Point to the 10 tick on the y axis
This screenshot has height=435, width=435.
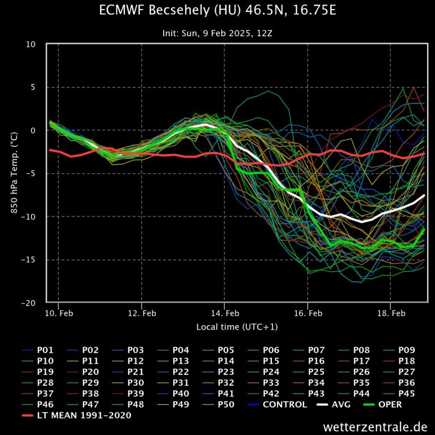tap(32, 44)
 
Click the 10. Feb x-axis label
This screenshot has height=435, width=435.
tap(59, 313)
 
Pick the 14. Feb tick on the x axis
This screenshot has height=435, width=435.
tap(225, 313)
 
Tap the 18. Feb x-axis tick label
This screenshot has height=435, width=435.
tap(391, 313)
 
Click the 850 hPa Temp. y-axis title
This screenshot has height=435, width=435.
tap(13, 173)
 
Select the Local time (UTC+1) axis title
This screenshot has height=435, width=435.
tap(237, 327)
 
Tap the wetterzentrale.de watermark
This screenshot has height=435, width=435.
tap(376, 427)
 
